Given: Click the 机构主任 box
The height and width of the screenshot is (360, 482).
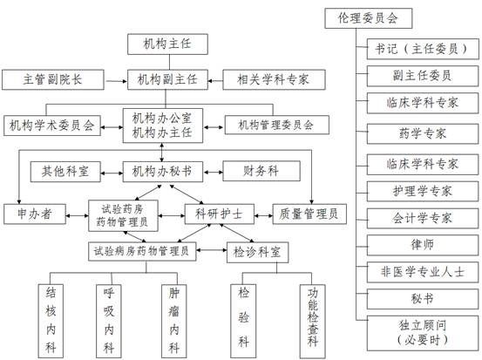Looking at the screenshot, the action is coord(167,44).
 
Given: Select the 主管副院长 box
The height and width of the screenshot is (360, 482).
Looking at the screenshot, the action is coord(53,79).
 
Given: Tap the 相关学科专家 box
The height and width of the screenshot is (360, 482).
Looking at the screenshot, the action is coord(274,79).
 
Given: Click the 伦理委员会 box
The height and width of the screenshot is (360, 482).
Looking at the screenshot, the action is coord(369,18).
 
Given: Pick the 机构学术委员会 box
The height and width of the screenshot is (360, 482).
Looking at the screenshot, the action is coord(52,126).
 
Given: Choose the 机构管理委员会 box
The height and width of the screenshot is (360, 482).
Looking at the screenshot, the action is coord(276,125).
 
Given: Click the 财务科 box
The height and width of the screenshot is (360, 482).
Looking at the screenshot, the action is coord(261,171).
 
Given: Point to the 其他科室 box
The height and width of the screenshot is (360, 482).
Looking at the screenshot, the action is coord(65,172).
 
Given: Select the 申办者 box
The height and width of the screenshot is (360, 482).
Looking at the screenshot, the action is coord(35,214).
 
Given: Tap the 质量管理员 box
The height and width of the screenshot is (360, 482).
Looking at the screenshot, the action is coord(309,214).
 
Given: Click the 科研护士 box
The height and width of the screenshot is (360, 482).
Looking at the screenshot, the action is coord(219,214).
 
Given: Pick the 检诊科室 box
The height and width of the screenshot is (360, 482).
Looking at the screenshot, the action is coord(257,253).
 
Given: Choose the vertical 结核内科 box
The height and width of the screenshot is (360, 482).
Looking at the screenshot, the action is coord(51,321).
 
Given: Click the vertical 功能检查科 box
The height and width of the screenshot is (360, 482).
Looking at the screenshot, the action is coord(312,321).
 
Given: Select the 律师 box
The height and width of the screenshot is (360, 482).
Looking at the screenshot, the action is coord(423,245).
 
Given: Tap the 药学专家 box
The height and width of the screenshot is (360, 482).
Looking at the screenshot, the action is coord(423,133).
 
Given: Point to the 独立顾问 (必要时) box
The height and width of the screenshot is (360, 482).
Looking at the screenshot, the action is coord(423,333).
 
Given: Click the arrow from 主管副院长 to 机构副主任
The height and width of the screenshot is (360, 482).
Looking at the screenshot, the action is coord(116,81).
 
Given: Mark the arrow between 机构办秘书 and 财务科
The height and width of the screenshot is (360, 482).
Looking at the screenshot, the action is coord(213,173).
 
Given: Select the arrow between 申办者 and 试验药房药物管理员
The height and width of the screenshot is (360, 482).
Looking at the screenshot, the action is coord(78,215).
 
